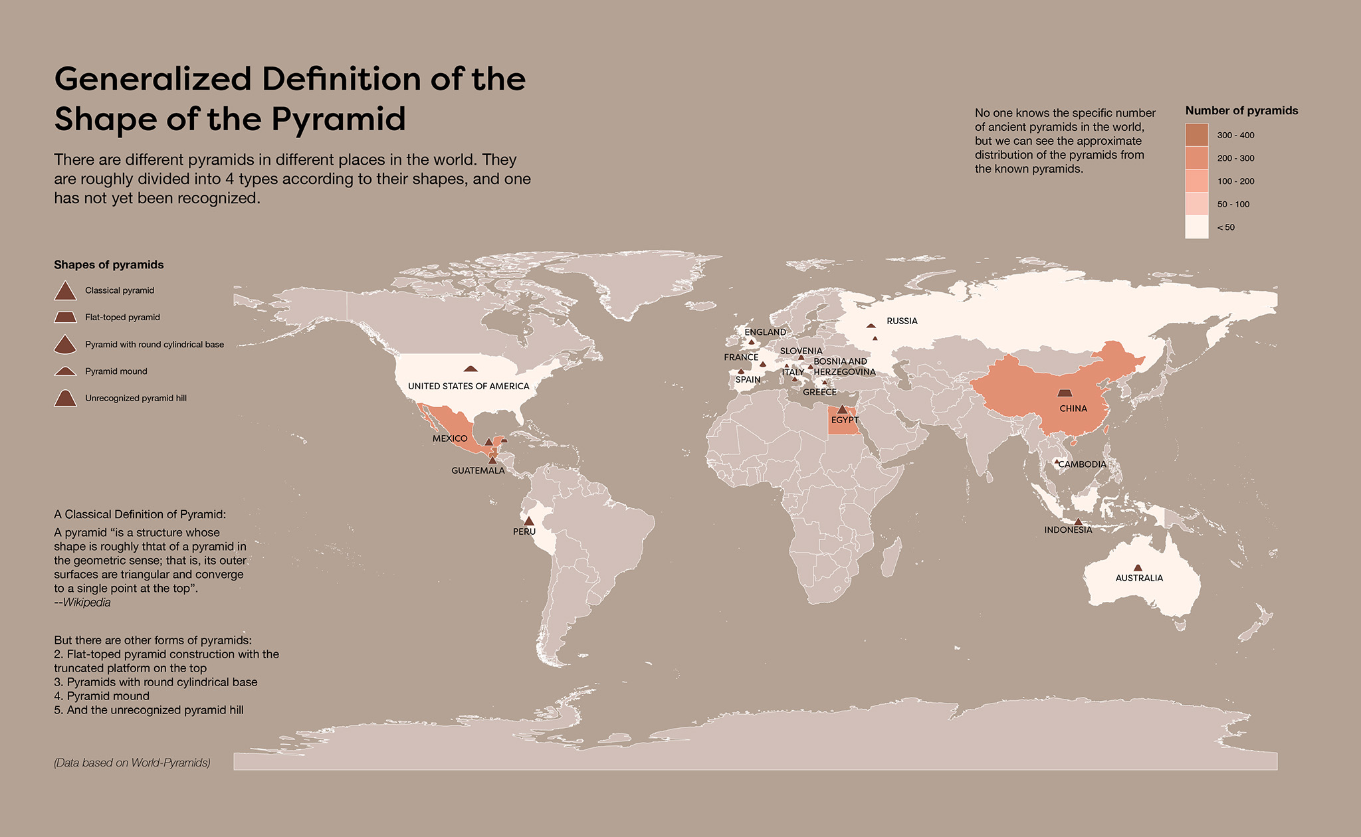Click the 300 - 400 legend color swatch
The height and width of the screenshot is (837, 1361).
click(1197, 135)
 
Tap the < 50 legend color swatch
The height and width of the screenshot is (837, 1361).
click(1197, 227)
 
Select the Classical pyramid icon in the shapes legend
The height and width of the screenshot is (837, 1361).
click(65, 291)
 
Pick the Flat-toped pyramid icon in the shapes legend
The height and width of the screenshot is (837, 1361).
click(65, 318)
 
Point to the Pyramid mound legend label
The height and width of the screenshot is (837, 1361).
click(116, 371)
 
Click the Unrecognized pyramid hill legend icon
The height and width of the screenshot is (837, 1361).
click(65, 399)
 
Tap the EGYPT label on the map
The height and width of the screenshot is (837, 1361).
click(845, 420)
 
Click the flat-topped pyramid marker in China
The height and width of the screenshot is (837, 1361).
click(1065, 393)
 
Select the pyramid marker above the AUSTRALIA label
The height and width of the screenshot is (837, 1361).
click(1138, 568)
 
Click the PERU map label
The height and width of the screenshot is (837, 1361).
click(524, 531)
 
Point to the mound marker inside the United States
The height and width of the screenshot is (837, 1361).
click(471, 369)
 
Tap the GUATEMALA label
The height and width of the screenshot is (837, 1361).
click(478, 470)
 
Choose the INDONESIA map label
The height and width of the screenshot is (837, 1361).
click(1068, 529)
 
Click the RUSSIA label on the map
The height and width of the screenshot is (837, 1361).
click(902, 321)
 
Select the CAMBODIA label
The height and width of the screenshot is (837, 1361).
click(1082, 464)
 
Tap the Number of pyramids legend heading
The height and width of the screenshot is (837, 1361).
click(1241, 111)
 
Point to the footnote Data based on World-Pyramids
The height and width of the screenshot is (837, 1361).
click(132, 763)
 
